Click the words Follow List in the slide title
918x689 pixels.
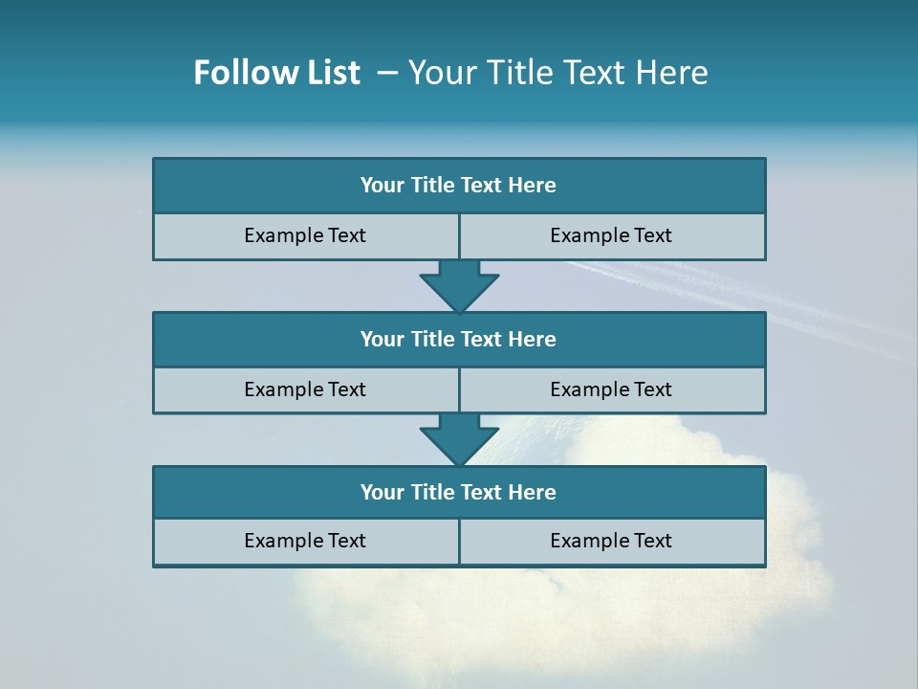coord(276,73)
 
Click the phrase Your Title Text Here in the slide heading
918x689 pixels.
coord(557,73)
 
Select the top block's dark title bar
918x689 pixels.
coord(459,186)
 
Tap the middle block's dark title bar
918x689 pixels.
coord(459,339)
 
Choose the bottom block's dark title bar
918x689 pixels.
coord(459,492)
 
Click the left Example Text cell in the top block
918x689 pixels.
coord(305,235)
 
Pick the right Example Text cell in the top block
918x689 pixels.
coord(612,235)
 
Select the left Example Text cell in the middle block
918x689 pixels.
coord(305,389)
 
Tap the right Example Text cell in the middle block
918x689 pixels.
coord(612,389)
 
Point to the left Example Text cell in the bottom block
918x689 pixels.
coord(305,541)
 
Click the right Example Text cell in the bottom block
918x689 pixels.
coord(612,541)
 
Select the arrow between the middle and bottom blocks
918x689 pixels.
coord(459,439)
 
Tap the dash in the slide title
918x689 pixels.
coord(387,73)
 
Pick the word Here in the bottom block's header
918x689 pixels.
coord(533,492)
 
